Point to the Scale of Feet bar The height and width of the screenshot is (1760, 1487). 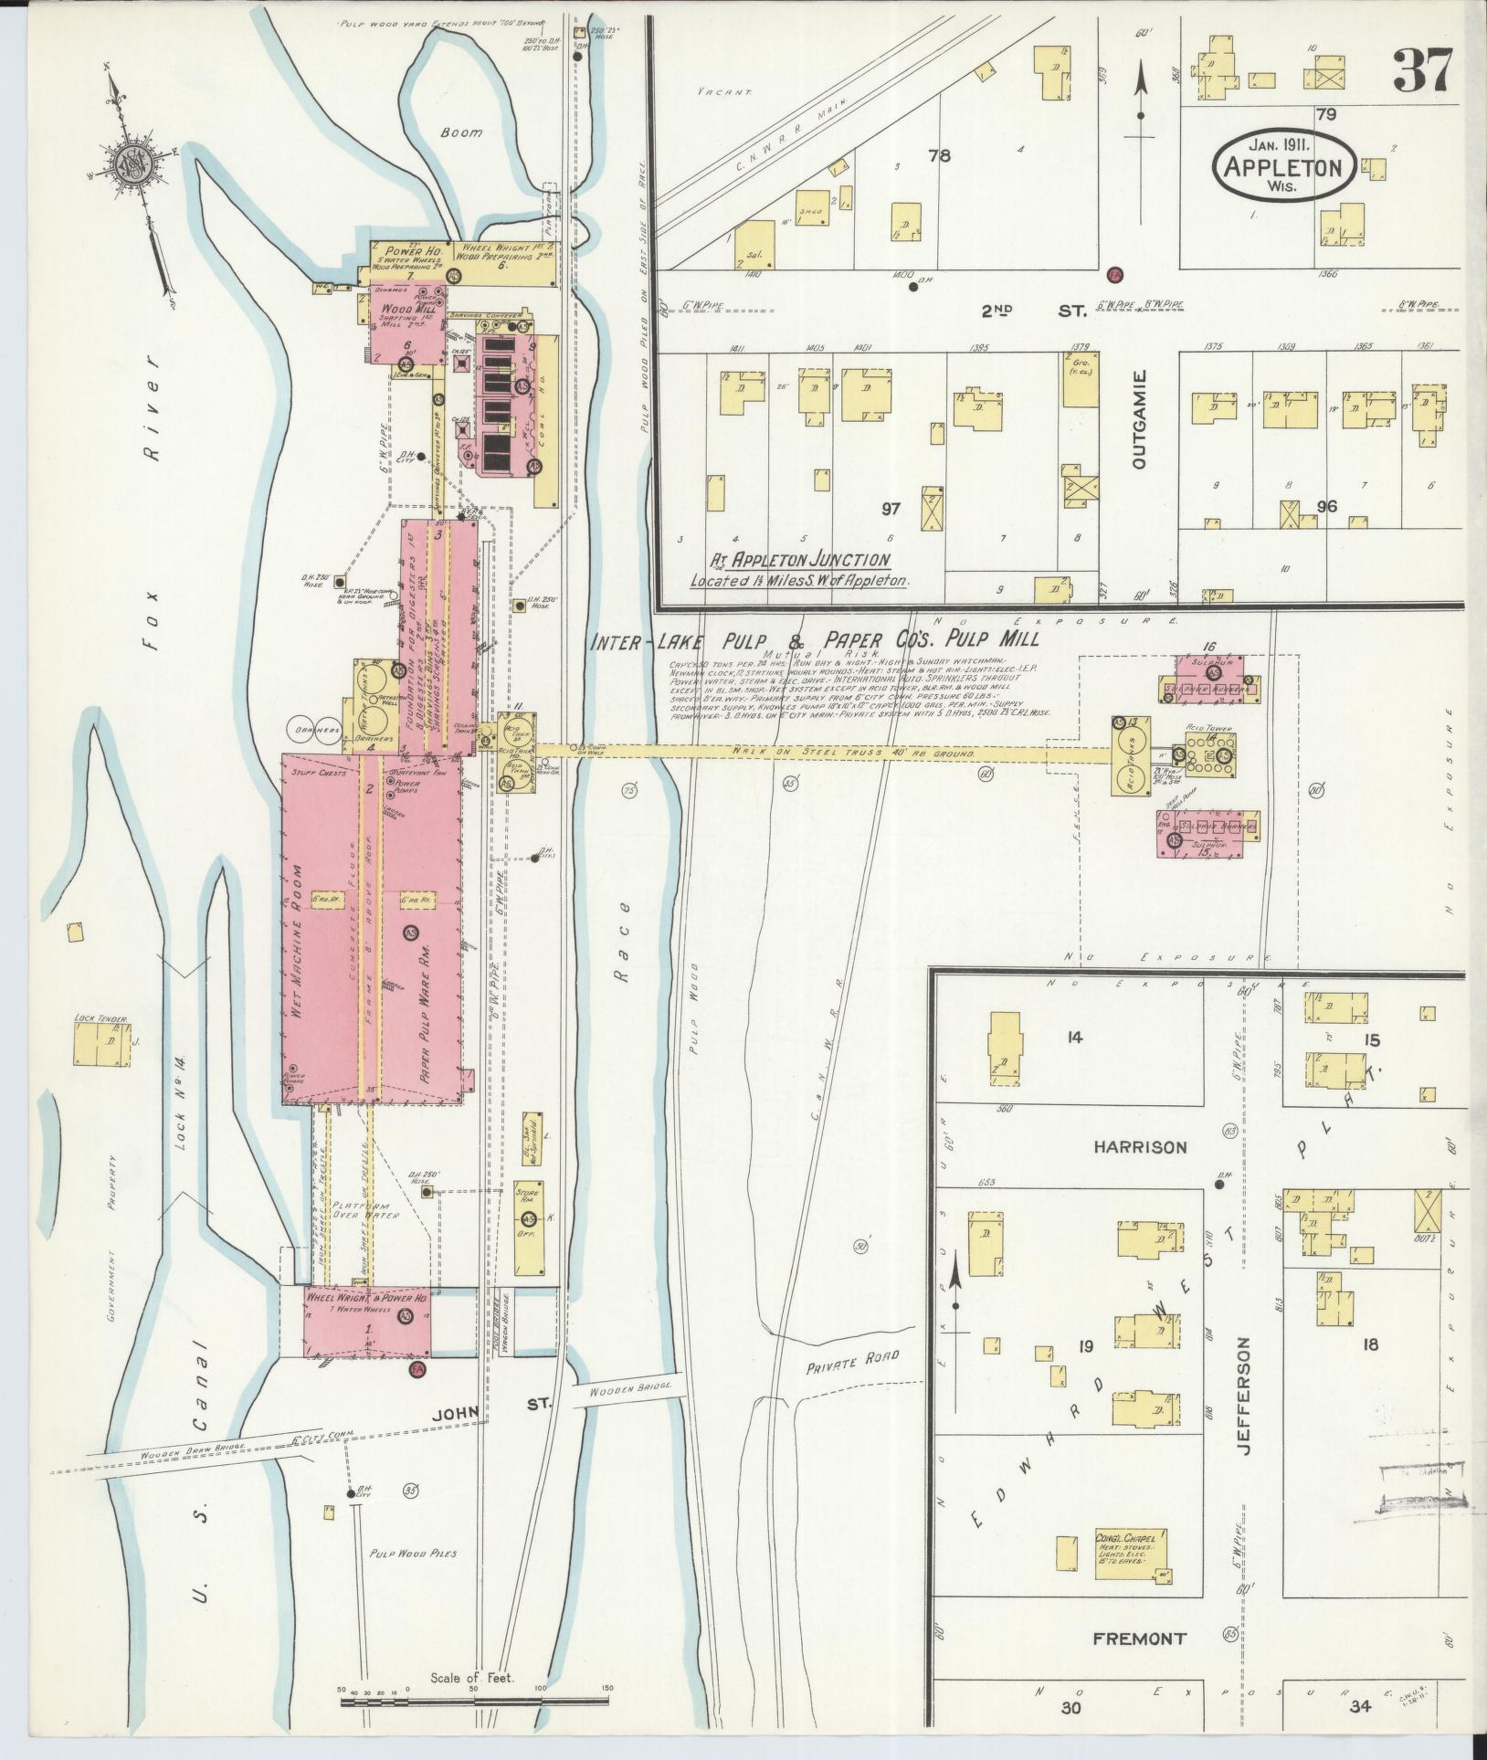pyautogui.click(x=475, y=1701)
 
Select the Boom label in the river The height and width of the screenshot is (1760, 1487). pyautogui.click(x=461, y=132)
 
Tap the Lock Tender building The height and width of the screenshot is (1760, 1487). pyautogui.click(x=100, y=1044)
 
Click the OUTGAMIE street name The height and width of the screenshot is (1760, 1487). pyautogui.click(x=1137, y=418)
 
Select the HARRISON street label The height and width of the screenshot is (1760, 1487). pyautogui.click(x=1140, y=1147)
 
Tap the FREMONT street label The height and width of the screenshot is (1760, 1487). pyautogui.click(x=1139, y=1639)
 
